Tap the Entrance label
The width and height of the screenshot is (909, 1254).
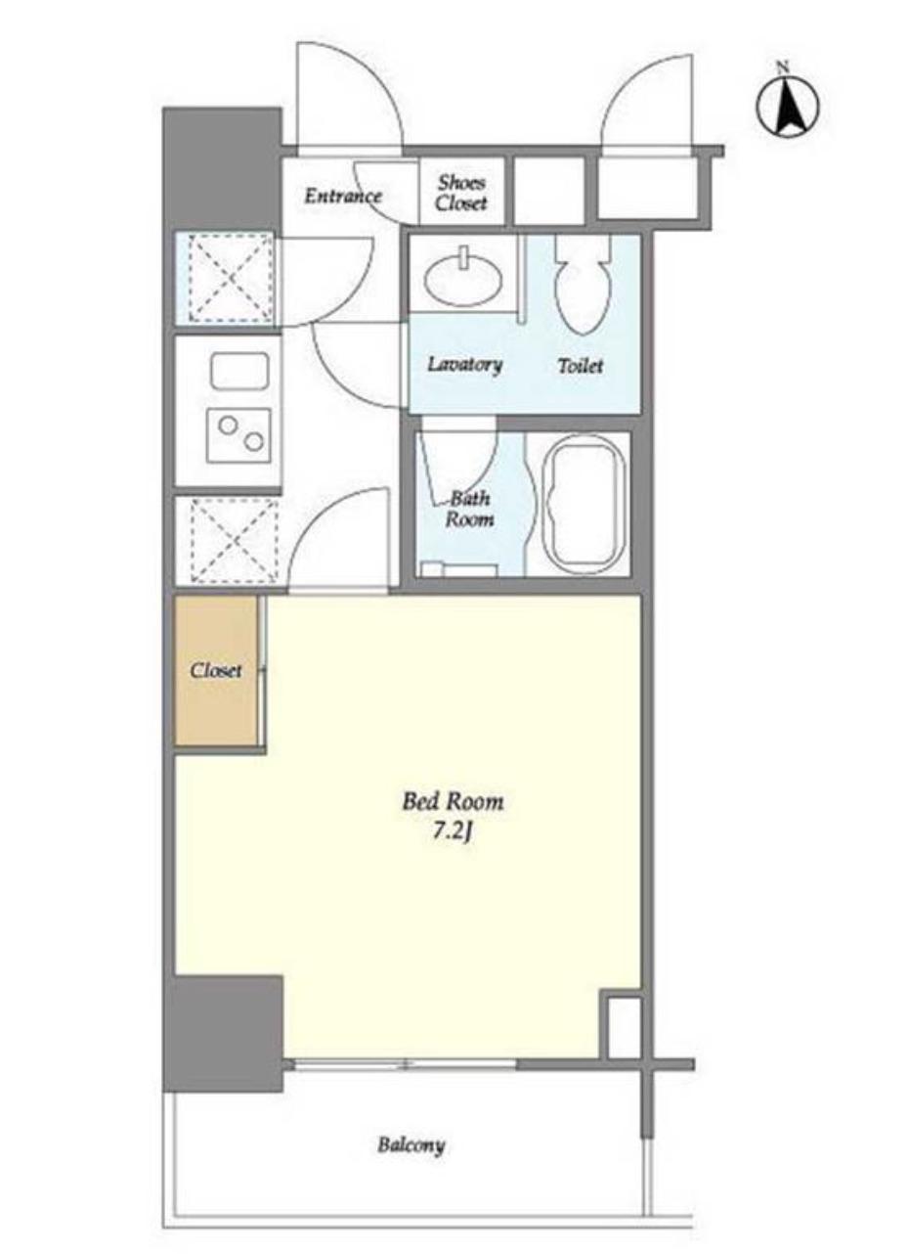(343, 196)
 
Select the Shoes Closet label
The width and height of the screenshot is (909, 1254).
(461, 193)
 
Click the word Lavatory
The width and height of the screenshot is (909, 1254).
(465, 366)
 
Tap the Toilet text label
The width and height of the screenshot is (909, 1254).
(580, 366)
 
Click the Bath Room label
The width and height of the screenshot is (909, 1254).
(469, 509)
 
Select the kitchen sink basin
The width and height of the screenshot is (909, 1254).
(239, 371)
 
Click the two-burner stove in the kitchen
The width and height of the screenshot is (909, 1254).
(238, 435)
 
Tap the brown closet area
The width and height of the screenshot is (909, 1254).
(216, 669)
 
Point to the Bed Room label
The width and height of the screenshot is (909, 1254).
(453, 802)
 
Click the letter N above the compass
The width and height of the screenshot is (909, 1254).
(782, 67)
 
